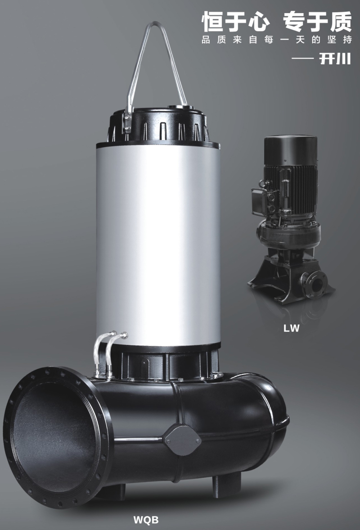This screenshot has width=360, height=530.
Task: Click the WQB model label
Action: tap(146, 519)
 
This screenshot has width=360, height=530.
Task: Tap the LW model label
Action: tap(292, 328)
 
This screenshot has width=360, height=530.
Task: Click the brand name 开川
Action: tap(335, 59)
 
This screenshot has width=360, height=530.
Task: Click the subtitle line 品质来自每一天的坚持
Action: tap(277, 40)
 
